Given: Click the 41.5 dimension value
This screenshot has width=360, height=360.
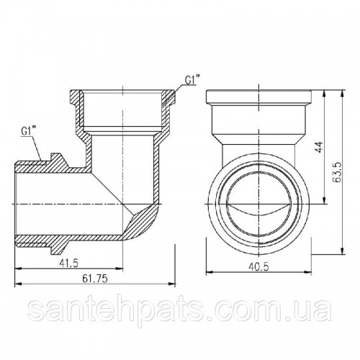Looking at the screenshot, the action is pos(68,264).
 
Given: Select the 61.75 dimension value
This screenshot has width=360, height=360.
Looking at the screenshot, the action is pos(95,279).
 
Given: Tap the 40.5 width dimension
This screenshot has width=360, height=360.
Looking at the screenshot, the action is pos(258,266).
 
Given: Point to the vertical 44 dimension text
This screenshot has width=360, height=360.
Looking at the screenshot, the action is pos(320,147).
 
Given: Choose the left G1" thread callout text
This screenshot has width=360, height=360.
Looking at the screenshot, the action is pos(28,131).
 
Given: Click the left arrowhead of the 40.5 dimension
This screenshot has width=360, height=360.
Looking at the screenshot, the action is pos(210,272).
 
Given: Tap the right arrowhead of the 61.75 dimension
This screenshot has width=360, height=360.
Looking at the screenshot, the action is pos(172,284).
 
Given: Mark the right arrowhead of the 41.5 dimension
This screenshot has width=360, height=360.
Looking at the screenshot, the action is pos(120,269).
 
